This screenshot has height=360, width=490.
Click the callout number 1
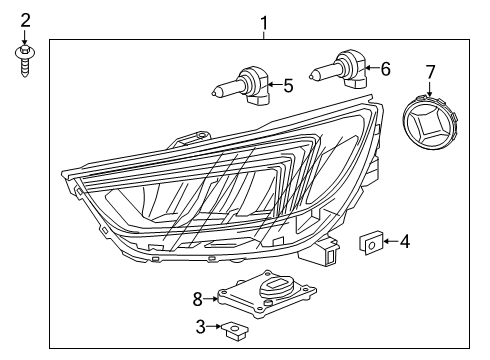[264, 21]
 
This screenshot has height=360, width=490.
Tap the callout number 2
[26, 19]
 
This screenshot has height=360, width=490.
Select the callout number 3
[201, 325]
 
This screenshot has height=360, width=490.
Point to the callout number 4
[404, 241]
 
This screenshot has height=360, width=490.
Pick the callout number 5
[287, 86]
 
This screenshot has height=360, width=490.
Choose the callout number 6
[385, 69]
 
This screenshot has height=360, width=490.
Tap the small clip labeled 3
[236, 327]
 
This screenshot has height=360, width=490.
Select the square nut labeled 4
[369, 241]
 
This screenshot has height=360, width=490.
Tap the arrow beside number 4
[389, 241]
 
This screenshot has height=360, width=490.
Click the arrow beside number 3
[214, 326]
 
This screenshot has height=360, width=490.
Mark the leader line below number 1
[264, 33]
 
